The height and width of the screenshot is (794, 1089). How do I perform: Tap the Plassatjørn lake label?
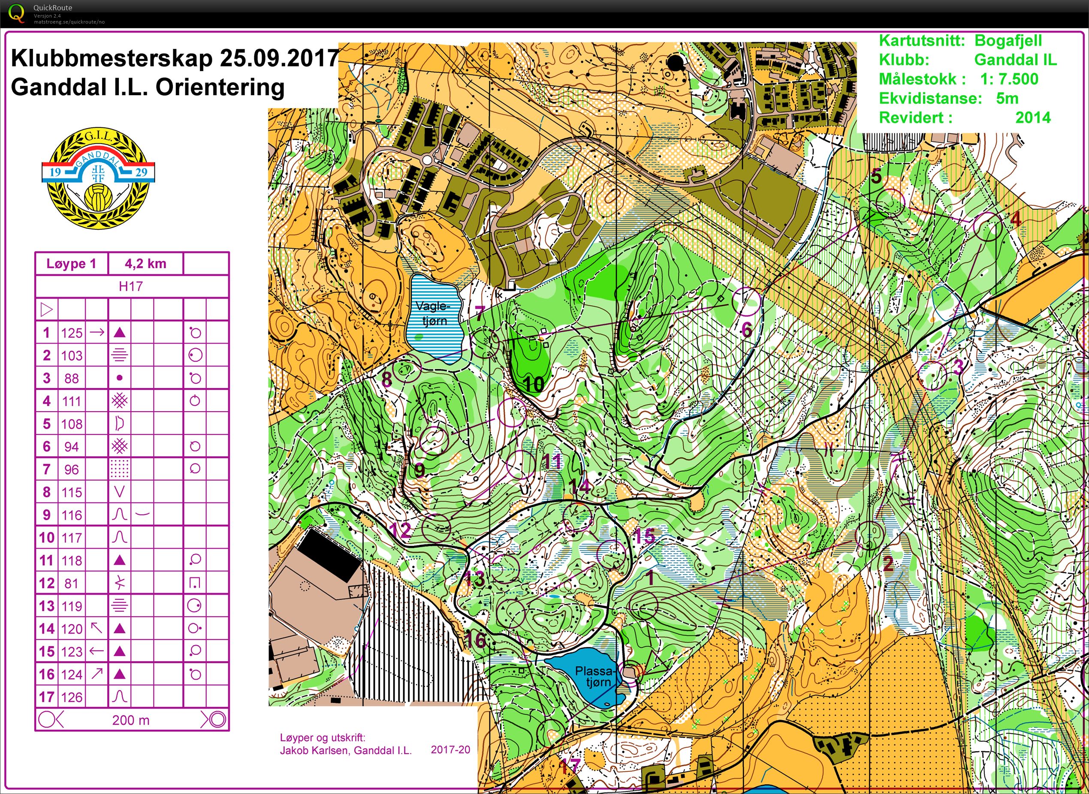595,677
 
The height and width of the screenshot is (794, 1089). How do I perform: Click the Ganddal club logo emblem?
98,178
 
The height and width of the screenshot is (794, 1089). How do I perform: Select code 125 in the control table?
72,333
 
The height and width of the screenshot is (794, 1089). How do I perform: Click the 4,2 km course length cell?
145,263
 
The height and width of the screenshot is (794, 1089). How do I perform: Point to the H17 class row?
131,286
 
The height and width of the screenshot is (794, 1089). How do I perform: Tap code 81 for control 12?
72,583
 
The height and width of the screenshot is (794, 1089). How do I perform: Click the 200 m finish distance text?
131,720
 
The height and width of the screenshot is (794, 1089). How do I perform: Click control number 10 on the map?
533,384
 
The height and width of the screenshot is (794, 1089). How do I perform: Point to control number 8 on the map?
386,379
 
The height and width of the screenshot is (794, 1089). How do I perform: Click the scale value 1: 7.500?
1009,79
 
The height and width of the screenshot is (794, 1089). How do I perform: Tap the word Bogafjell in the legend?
1008,40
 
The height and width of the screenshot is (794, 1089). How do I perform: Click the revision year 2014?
1033,117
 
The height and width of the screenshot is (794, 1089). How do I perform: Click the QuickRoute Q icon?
16,13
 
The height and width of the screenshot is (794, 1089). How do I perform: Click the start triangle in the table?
47,310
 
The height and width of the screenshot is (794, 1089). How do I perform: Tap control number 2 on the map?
887,563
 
